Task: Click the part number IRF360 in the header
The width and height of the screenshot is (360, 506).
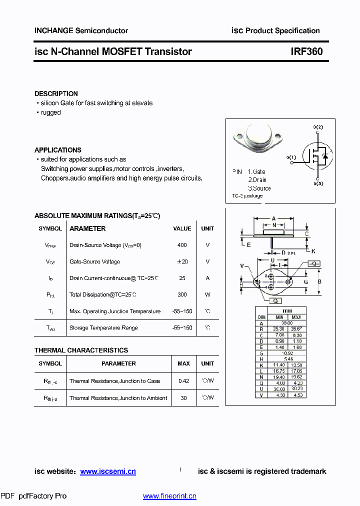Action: pyautogui.click(x=306, y=51)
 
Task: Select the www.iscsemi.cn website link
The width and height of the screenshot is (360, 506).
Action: pyautogui.click(x=108, y=471)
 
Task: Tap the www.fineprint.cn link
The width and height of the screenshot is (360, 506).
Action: pyautogui.click(x=169, y=496)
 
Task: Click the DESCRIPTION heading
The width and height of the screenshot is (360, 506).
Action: pyautogui.click(x=56, y=93)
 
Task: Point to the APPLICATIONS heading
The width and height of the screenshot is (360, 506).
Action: pyautogui.click(x=57, y=150)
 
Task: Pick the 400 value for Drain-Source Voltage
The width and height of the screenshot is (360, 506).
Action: pyautogui.click(x=182, y=245)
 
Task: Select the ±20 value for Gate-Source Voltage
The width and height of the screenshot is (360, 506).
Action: pyautogui.click(x=182, y=261)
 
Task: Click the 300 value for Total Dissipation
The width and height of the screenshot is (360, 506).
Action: pyautogui.click(x=182, y=294)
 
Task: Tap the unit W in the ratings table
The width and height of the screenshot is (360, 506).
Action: pyautogui.click(x=207, y=294)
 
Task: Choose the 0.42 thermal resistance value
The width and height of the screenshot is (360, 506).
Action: pyautogui.click(x=183, y=381)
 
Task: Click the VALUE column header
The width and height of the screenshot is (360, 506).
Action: pyautogui.click(x=182, y=228)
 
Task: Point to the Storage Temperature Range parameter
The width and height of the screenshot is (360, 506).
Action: pyautogui.click(x=103, y=327)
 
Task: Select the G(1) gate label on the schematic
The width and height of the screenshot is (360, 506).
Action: pyautogui.click(x=291, y=157)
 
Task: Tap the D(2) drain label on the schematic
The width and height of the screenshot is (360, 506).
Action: pyautogui.click(x=318, y=127)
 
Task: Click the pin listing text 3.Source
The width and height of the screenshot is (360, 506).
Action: pyautogui.click(x=259, y=188)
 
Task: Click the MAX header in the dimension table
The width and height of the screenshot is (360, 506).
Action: pyautogui.click(x=296, y=317)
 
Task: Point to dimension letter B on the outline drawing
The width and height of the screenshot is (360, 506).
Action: pyautogui.click(x=319, y=281)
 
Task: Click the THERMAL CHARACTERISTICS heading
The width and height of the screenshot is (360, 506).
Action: pyautogui.click(x=81, y=350)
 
